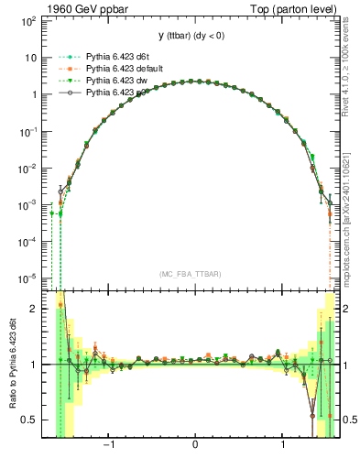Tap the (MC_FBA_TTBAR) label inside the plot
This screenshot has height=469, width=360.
[195, 272]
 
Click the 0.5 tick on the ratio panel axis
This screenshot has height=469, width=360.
[29, 420]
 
